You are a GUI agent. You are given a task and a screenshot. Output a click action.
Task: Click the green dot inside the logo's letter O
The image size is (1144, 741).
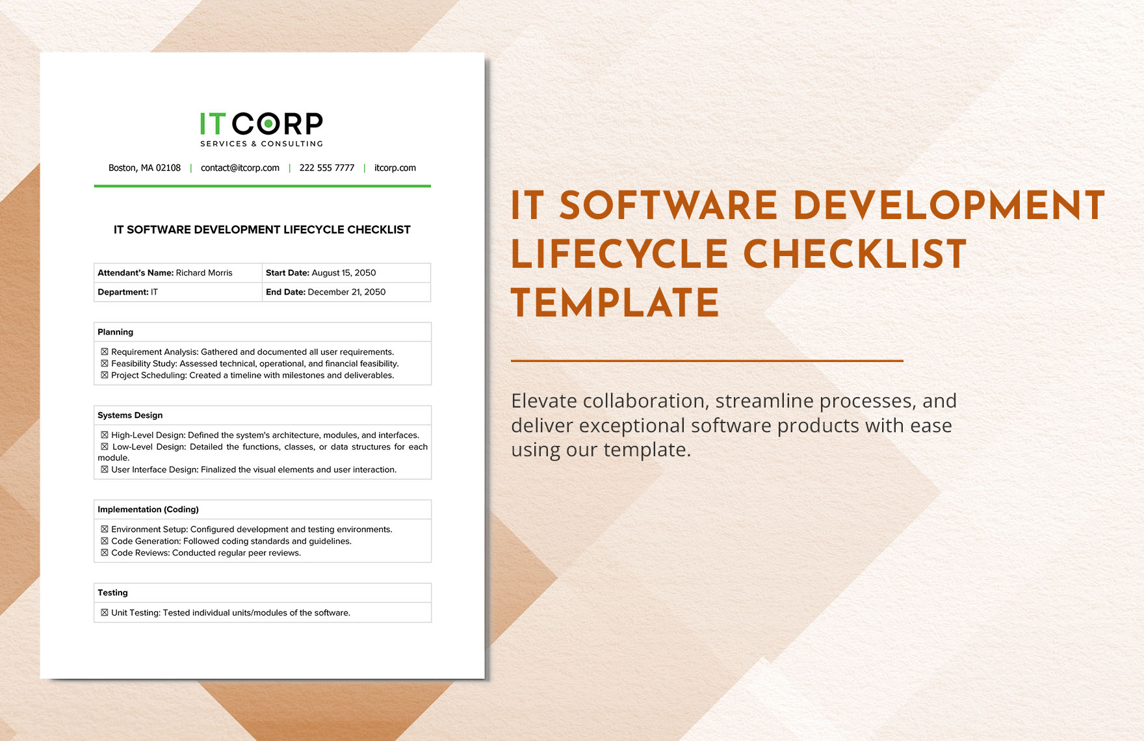pos(268,123)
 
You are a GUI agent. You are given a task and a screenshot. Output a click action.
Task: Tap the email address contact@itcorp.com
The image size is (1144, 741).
pos(240,168)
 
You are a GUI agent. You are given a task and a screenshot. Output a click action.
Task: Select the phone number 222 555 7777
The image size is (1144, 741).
pos(327,168)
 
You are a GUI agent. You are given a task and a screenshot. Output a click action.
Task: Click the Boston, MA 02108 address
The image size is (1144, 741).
pos(144,168)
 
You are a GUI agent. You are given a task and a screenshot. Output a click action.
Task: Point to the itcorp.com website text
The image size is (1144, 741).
pos(395,168)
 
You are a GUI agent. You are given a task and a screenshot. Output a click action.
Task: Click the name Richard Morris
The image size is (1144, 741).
pos(204,273)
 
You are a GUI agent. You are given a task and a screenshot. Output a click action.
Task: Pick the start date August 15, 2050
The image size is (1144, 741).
pos(344,273)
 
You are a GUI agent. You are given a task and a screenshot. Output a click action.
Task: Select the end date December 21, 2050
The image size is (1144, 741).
pos(346,292)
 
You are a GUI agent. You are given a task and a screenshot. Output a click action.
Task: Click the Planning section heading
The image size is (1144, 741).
pos(116,332)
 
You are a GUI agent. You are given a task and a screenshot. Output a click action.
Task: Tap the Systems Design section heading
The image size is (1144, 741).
pos(130,415)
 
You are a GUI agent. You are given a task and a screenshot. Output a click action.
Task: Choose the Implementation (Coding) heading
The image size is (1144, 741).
pos(148,510)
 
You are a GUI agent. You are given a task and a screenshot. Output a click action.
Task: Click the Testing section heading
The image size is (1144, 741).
pos(113,593)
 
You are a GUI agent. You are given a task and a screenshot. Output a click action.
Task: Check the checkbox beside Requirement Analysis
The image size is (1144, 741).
pos(105,352)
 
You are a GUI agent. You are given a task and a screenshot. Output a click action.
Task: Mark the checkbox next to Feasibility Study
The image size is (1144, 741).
pos(105,364)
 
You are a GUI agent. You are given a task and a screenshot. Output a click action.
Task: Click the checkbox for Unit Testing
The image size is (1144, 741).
pos(105,613)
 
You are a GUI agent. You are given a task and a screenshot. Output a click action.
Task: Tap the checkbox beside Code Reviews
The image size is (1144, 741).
pos(105,553)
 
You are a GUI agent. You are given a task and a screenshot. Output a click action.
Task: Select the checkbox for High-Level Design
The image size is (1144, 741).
pos(105,435)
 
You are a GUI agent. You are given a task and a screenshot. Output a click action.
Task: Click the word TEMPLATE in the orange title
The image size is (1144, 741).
pos(615,303)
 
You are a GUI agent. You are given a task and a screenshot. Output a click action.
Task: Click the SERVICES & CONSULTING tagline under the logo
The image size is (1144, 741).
pos(261,144)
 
